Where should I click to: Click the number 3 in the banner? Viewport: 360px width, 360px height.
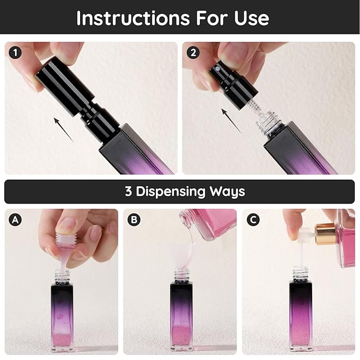[x=128, y=191]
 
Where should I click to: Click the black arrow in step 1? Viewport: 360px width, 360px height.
[x=64, y=130]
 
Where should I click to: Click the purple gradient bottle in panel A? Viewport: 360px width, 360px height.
[x=63, y=313]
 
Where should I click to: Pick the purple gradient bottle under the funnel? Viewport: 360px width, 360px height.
[x=182, y=313]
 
